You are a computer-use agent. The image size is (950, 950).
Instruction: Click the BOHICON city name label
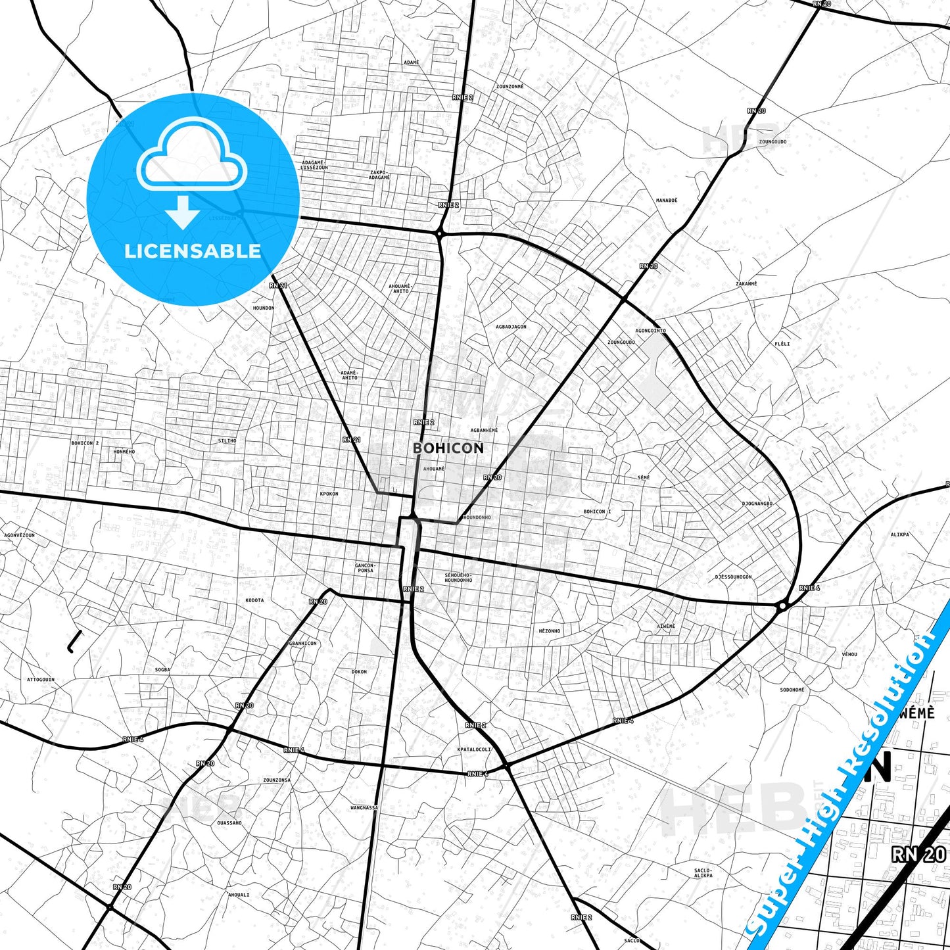(448, 448)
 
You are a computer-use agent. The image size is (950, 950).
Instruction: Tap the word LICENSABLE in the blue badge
(193, 250)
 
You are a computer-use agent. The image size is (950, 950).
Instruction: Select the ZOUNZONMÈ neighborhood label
(510, 86)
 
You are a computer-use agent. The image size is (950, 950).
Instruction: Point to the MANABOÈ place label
(667, 201)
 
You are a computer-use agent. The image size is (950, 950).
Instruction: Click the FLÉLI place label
(782, 344)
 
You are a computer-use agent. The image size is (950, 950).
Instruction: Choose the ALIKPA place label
(899, 534)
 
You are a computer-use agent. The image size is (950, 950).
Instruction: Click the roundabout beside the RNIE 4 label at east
(782, 606)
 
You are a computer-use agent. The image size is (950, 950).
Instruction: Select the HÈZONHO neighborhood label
(550, 631)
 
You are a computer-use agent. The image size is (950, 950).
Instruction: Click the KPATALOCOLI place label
(474, 749)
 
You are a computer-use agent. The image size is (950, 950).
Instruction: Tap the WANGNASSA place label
(364, 807)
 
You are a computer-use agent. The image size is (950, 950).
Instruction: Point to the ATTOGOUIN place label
(41, 680)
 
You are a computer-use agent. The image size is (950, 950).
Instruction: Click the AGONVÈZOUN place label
(20, 535)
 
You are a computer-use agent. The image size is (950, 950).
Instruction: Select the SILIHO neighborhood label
(227, 440)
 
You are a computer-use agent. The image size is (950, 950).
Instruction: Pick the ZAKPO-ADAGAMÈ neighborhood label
(379, 175)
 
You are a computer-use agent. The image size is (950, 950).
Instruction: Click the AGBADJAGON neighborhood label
(511, 327)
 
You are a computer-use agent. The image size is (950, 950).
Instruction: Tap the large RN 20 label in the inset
(918, 854)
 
